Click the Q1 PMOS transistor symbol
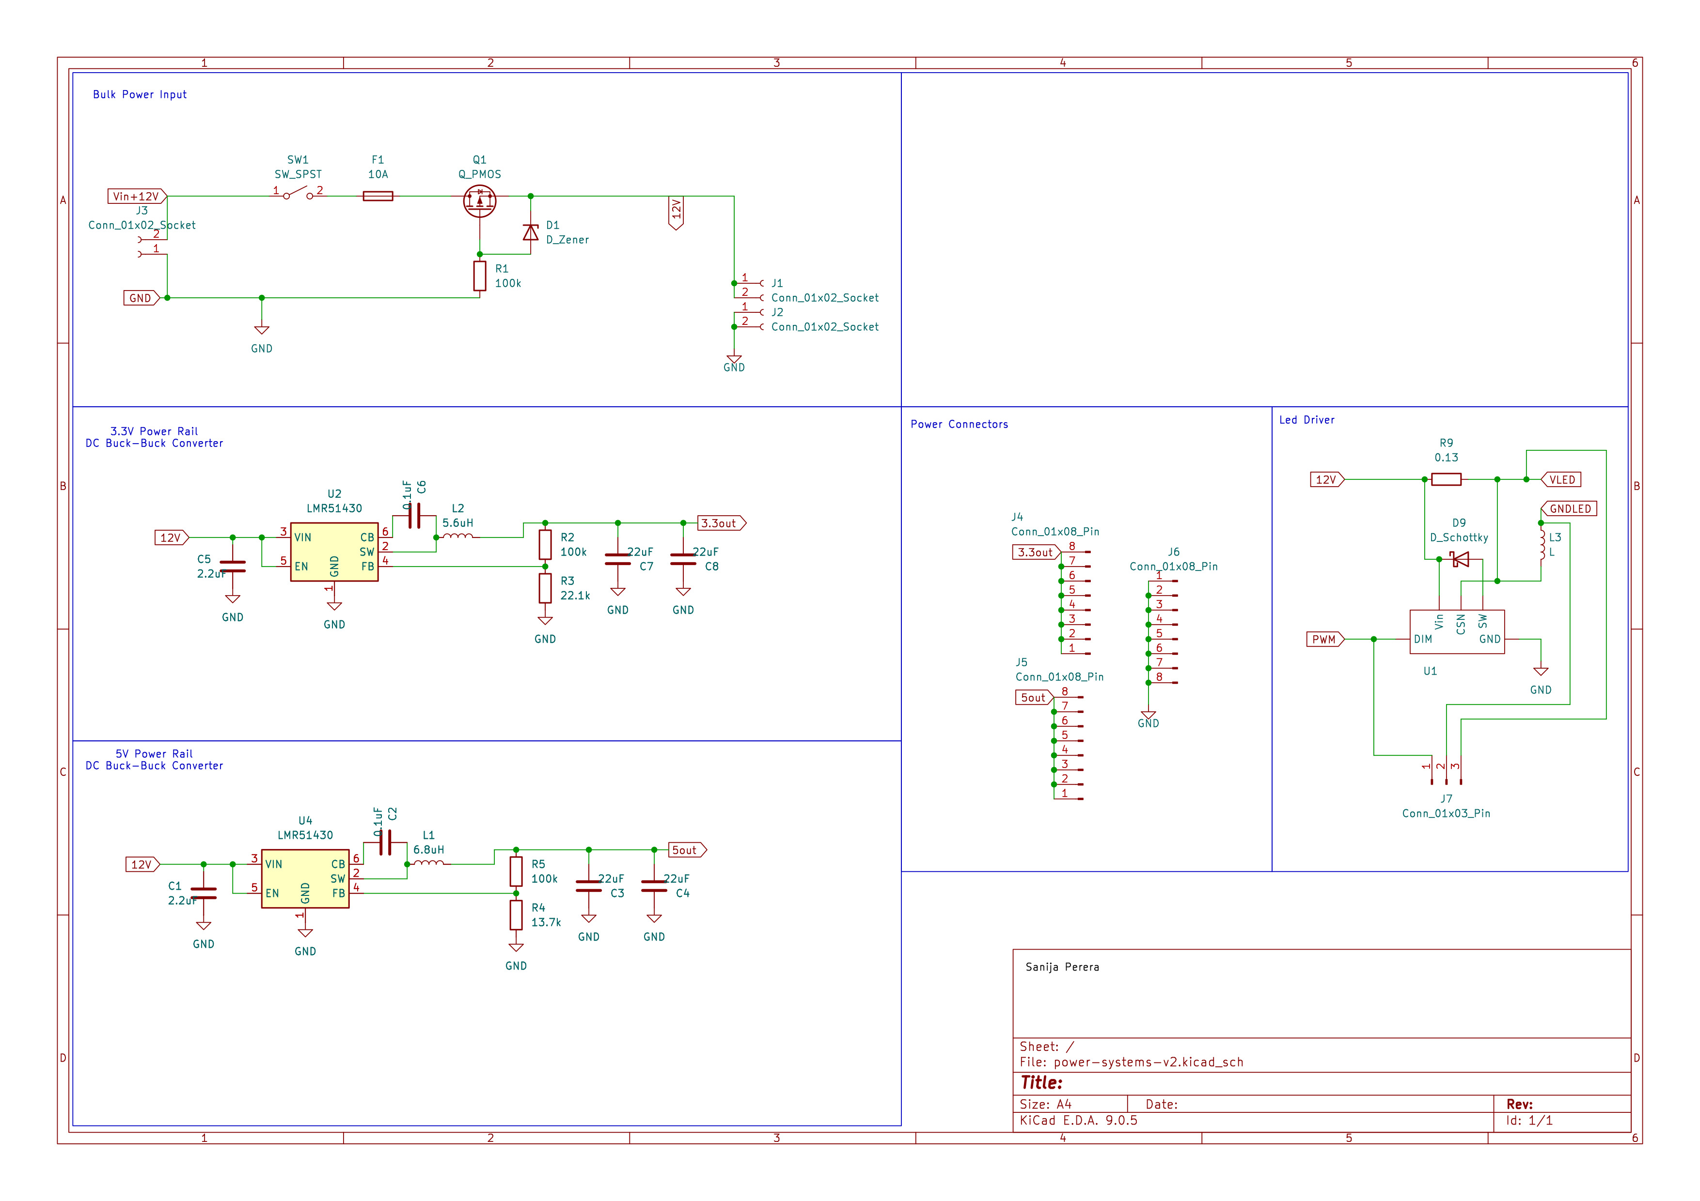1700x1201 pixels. (x=479, y=200)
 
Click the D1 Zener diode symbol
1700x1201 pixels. (x=530, y=232)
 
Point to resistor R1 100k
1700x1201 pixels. (x=480, y=276)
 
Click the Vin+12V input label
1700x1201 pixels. (x=136, y=196)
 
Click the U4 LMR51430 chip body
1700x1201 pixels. (x=305, y=878)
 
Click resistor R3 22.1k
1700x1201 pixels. (x=545, y=588)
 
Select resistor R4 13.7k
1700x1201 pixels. (x=516, y=915)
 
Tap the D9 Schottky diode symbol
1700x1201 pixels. (x=1460, y=559)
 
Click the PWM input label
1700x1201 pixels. (x=1324, y=639)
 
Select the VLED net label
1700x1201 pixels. (x=1561, y=479)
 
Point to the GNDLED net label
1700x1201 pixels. (x=1569, y=508)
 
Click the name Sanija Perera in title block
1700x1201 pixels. (x=1062, y=967)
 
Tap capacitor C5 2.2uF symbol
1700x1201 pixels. (x=233, y=567)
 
